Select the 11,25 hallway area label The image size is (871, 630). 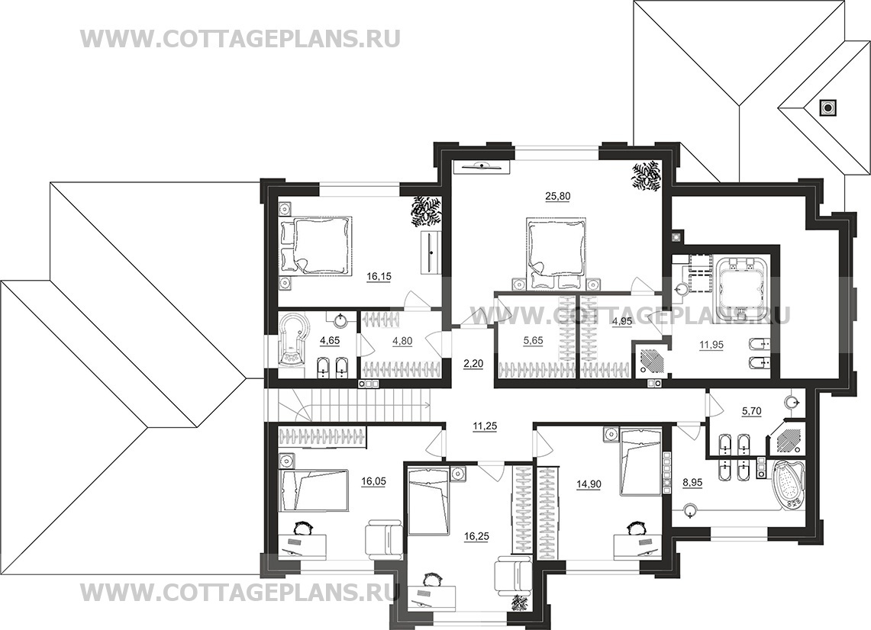tap(485, 426)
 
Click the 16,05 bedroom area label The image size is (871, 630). tap(375, 482)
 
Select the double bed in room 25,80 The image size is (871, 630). tap(556, 252)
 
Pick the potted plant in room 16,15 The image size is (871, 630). tap(424, 211)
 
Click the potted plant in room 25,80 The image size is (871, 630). tap(646, 175)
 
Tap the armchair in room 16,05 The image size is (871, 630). tap(383, 540)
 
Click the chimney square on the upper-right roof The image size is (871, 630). tap(827, 107)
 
